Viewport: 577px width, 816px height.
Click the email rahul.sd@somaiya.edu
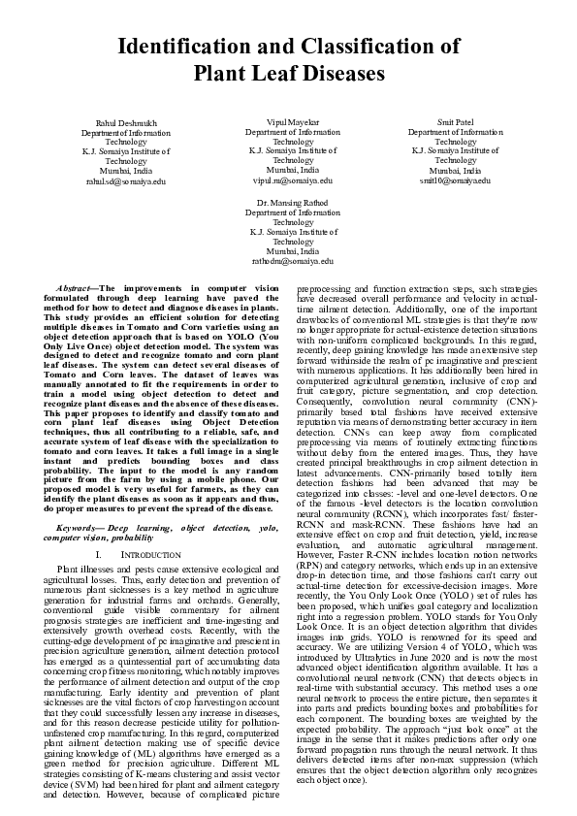[126, 180]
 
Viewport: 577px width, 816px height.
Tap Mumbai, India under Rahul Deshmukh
[126, 171]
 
